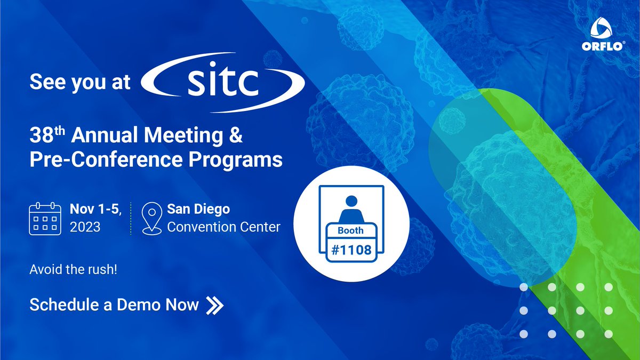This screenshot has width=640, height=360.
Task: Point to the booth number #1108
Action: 351,249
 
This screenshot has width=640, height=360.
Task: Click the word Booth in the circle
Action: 350,230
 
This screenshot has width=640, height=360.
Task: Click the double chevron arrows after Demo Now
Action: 215,305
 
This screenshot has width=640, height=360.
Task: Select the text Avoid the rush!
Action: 74,270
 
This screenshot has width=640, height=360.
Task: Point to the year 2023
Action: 85,227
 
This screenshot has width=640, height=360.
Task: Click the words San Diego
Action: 198,209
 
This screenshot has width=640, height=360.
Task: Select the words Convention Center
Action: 223,227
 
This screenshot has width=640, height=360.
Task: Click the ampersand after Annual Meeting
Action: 236,137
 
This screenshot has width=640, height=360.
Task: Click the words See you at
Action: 79,82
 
